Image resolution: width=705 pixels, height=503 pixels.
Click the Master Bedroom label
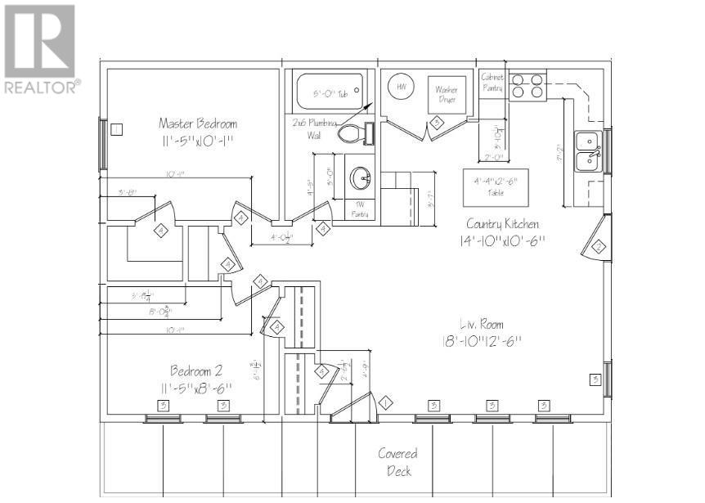click(198, 124)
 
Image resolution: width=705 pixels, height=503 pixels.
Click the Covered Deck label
click(397, 462)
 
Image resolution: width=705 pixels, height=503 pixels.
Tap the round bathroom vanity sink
click(359, 177)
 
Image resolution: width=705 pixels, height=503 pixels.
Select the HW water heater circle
click(402, 88)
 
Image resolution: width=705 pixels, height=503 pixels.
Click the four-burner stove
click(528, 87)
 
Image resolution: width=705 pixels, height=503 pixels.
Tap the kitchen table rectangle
click(496, 188)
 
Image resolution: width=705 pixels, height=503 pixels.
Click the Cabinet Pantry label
click(492, 80)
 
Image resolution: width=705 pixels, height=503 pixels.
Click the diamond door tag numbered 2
click(598, 246)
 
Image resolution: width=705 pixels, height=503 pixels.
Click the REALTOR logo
click(41, 48)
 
